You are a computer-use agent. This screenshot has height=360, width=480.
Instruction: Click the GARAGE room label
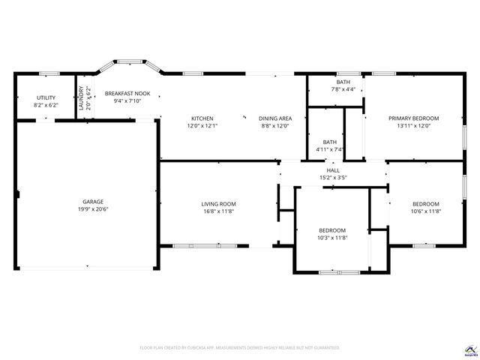click(93, 202)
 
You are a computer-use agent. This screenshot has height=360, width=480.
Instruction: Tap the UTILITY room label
click(46, 97)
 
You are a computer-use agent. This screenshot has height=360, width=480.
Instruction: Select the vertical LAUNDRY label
click(81, 99)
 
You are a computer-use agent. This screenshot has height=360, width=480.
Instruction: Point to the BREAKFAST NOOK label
click(127, 93)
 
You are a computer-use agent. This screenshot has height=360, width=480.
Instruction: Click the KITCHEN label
click(202, 118)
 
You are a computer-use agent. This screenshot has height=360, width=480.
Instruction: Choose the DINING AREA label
click(275, 118)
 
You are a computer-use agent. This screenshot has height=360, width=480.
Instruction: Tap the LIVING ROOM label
click(218, 204)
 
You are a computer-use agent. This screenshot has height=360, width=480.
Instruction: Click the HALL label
click(332, 170)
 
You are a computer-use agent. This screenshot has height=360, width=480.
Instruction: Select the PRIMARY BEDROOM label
click(413, 118)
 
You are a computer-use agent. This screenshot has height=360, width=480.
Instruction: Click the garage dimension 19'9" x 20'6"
click(93, 211)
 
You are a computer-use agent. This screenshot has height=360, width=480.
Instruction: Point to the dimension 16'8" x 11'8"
click(218, 212)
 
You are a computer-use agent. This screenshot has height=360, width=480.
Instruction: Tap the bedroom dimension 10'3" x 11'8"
click(332, 238)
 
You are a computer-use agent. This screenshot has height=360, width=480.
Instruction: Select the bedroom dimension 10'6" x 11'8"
click(425, 212)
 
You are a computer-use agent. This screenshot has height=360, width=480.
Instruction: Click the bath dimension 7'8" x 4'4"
click(343, 90)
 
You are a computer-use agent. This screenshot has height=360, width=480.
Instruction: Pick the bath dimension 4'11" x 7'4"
click(329, 149)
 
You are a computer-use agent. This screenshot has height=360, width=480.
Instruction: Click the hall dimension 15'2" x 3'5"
click(332, 178)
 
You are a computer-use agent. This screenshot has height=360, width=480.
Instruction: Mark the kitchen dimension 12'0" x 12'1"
click(202, 126)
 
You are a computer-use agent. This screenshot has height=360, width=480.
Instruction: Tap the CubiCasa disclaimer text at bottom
click(240, 348)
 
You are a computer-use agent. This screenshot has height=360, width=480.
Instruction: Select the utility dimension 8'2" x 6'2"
click(46, 106)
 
